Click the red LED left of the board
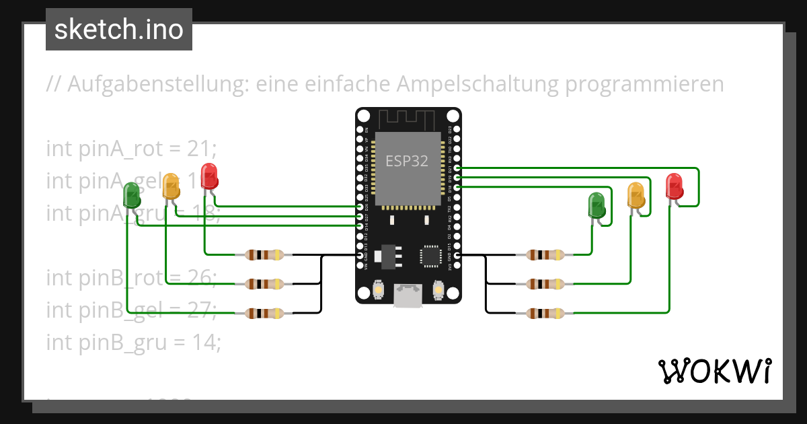209,176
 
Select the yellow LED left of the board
171,186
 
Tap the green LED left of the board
132,196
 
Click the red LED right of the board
674,186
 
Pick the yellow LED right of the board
636,195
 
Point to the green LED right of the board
597,205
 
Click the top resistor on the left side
264,255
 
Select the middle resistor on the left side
264,284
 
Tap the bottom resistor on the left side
264,313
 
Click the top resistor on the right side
545,255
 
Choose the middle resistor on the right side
545,284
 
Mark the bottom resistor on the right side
545,313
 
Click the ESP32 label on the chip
406,162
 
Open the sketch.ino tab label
119,30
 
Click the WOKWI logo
714,371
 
